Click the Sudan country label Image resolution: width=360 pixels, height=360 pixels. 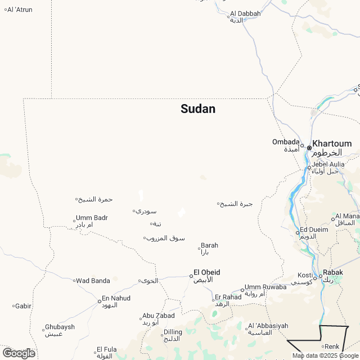coord(198,109)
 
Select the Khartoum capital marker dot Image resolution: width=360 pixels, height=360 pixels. coord(309,148)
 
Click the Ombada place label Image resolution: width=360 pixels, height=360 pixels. coord(286,142)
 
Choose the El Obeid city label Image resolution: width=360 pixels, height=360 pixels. coord(206,272)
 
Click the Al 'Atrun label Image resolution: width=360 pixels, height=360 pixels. coord(20,10)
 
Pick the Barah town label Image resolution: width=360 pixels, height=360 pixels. coord(209,245)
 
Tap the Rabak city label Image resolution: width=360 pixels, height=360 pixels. coord(333,272)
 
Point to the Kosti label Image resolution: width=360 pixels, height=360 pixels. coord(305,275)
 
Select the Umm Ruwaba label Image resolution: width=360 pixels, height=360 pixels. coord(265,287)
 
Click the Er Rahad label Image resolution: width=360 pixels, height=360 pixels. coord(227,297)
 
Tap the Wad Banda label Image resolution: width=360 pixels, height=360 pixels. coord(93,281)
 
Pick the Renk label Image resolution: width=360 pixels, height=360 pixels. coord(332,346)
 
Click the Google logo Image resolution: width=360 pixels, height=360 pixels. coord(18,353)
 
